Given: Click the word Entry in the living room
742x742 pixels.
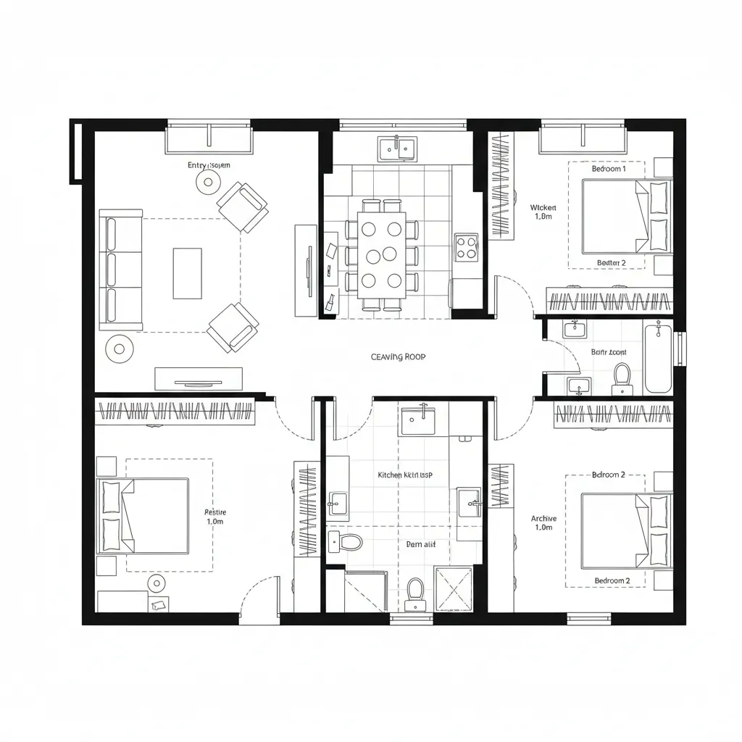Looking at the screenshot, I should click(x=196, y=166).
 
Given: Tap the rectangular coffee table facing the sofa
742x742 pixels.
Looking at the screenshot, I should click(x=187, y=273).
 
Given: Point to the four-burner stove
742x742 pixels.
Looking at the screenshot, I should click(x=466, y=247).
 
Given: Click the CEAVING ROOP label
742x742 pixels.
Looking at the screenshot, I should click(x=398, y=357).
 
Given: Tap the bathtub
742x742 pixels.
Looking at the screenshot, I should click(x=658, y=358).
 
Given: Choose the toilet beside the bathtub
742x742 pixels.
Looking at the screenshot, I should click(x=622, y=378).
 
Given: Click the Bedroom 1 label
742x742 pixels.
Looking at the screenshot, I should click(x=608, y=169).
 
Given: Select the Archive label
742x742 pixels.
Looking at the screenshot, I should click(x=543, y=518).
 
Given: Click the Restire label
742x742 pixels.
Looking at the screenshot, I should click(x=215, y=512).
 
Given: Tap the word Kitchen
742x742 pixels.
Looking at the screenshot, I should click(x=389, y=475).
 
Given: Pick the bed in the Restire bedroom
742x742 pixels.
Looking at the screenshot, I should click(x=145, y=515).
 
